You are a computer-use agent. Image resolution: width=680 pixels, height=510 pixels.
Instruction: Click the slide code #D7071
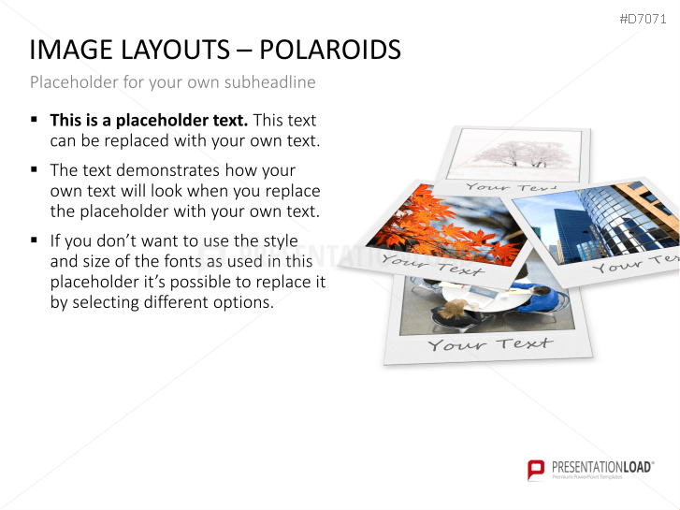(644, 20)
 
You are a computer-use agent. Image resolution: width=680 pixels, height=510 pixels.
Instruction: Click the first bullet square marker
(35, 120)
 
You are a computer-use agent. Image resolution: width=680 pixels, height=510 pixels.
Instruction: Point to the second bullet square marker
(35, 169)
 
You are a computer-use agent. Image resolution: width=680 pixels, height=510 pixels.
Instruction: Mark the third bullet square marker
(35, 240)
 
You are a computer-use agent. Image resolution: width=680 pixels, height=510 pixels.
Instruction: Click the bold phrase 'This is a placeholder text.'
(149, 120)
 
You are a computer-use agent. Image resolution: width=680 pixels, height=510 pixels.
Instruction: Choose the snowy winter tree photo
(514, 153)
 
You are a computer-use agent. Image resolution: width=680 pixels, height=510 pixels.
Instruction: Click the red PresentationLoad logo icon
(536, 469)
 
